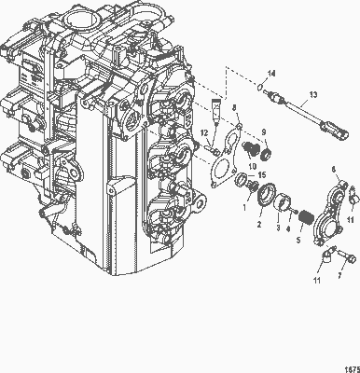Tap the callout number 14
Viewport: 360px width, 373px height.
(x=271, y=73)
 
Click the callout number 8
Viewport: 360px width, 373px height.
(x=234, y=109)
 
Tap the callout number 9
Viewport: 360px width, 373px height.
(x=262, y=131)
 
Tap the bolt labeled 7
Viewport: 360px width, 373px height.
(x=347, y=255)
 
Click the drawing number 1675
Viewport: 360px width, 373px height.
(x=346, y=366)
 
